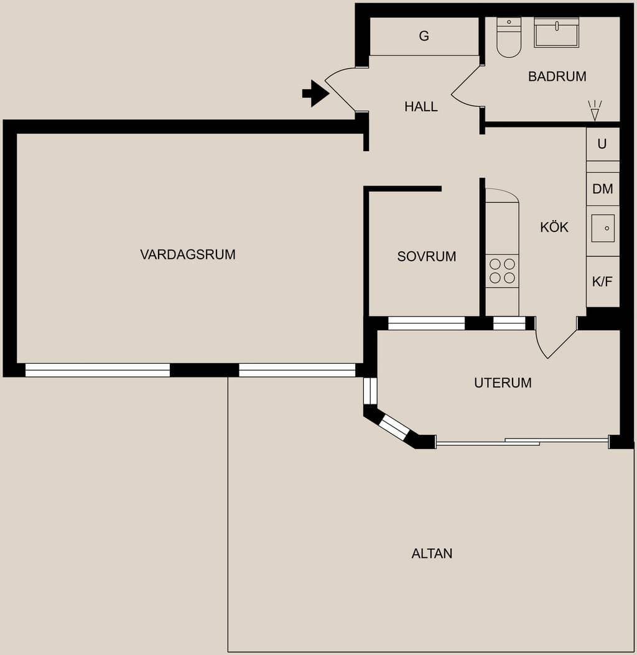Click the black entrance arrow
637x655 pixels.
315,93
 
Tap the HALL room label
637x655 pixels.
421,106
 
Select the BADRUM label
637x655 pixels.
557,77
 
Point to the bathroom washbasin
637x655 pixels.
556,32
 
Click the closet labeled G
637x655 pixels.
424,36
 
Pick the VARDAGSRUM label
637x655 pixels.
188,254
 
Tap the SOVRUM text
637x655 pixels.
426,256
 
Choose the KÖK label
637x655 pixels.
554,227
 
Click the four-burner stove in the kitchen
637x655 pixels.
502,271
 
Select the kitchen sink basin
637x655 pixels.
603,228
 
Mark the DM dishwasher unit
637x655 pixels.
603,189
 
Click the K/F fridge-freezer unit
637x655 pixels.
603,281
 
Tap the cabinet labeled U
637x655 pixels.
602,144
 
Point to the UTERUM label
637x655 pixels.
503,383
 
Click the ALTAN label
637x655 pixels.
432,553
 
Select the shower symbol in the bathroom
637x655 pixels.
595,111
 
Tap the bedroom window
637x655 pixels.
426,323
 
